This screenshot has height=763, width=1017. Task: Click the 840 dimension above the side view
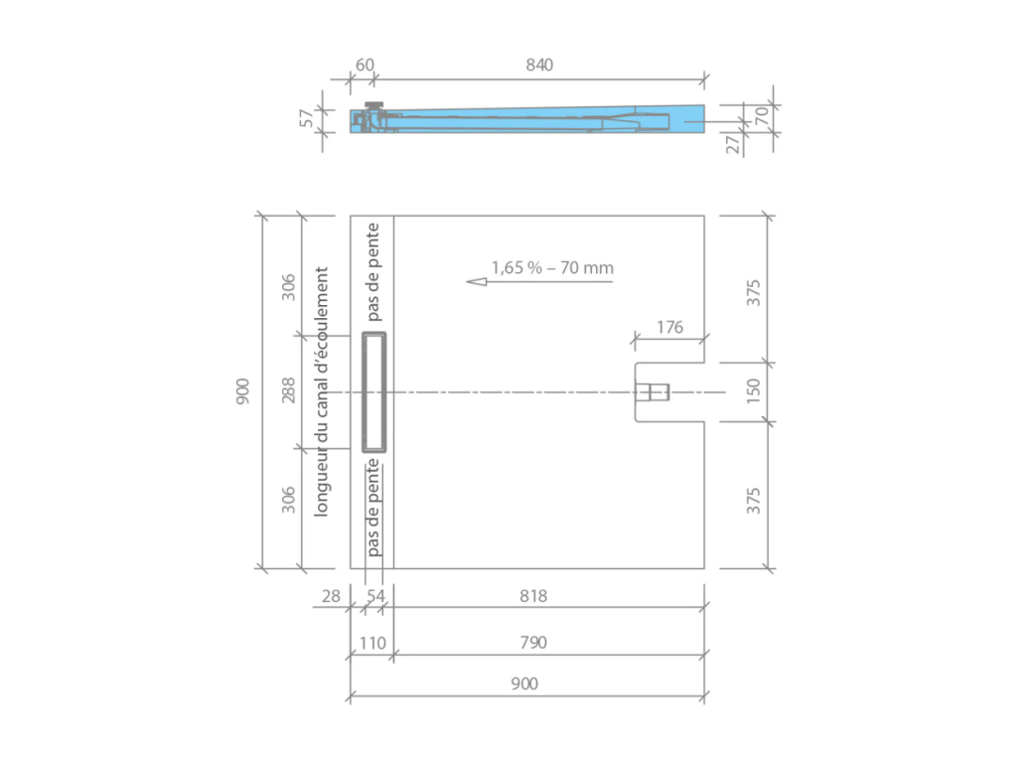[x=538, y=65]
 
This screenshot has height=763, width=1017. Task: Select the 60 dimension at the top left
[x=364, y=65]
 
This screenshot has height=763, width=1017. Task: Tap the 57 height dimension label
[x=308, y=118]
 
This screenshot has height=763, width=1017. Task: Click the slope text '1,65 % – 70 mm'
[x=552, y=267]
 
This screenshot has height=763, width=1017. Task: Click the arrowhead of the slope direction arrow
[x=475, y=282]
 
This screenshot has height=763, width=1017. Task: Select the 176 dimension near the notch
[x=670, y=327]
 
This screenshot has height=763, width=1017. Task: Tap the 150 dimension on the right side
[x=754, y=391]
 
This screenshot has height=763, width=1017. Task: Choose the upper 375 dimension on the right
[x=754, y=292]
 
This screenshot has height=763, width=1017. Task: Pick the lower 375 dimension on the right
[x=754, y=500]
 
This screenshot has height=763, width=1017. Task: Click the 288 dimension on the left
[x=288, y=390]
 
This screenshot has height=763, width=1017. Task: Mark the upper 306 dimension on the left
[x=288, y=286]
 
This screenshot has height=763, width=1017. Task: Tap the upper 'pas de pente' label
[x=373, y=272]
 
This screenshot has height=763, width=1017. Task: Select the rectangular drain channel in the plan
[x=375, y=391]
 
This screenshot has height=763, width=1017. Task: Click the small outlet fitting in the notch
[x=653, y=392]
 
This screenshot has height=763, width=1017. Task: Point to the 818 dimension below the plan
[x=532, y=596]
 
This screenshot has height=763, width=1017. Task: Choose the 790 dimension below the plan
[x=532, y=643]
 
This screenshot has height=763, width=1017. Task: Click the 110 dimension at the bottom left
[x=370, y=643]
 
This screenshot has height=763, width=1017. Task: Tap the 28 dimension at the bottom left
[x=331, y=596]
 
